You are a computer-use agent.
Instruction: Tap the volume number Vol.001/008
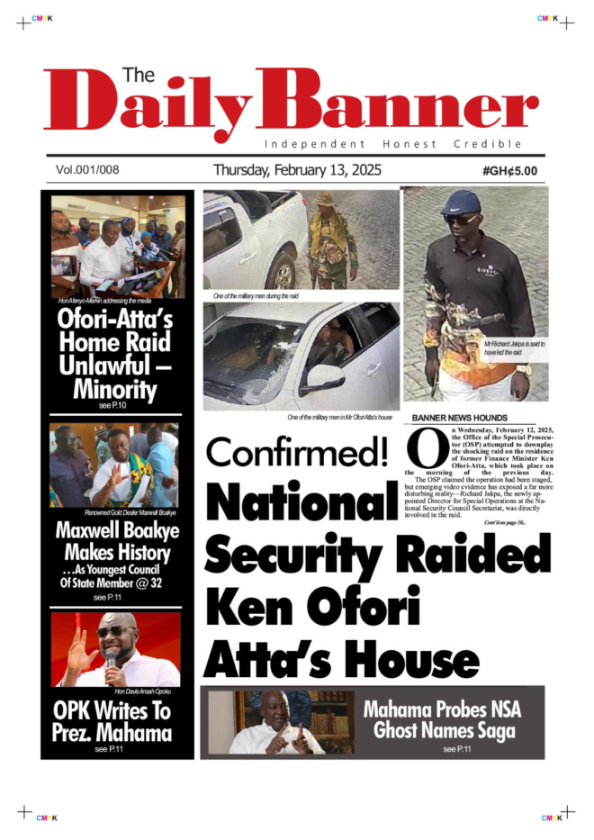click(x=87, y=169)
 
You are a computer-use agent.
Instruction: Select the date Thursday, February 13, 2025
click(x=297, y=169)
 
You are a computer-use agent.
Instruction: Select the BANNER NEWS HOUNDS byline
click(x=459, y=418)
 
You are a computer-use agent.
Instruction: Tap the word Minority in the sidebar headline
click(x=115, y=390)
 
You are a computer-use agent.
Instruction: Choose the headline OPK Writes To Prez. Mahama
click(x=112, y=722)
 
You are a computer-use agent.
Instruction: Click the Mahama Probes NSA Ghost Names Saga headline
click(x=442, y=718)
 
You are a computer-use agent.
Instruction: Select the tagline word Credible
click(x=490, y=144)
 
